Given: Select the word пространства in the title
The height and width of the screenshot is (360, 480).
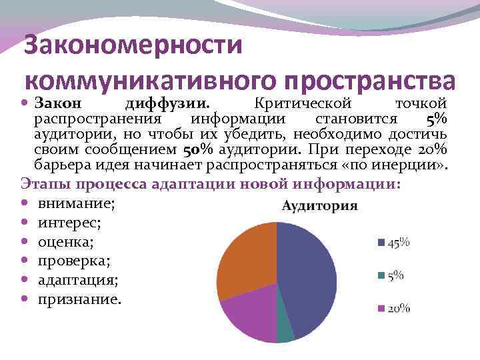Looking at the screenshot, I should (370, 80).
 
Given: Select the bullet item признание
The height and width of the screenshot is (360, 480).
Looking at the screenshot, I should (79, 300).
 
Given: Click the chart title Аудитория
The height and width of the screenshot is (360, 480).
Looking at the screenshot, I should (319, 205).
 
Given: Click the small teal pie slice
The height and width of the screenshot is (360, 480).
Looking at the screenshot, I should (285, 332).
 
